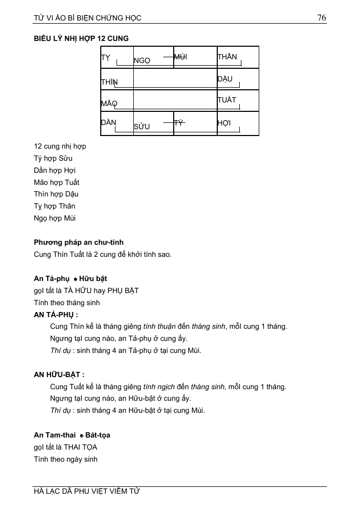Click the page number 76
click(322, 18)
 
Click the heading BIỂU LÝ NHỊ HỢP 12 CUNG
click(81, 38)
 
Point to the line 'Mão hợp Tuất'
click(57, 182)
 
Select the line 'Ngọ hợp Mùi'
click(55, 218)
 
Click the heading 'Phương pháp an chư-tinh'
click(79, 242)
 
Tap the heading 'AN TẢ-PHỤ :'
click(56, 315)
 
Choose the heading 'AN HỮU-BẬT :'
click(59, 375)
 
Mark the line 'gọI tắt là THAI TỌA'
click(66, 447)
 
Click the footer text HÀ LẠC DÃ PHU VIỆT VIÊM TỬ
click(87, 491)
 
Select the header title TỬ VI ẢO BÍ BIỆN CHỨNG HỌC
click(88, 18)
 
